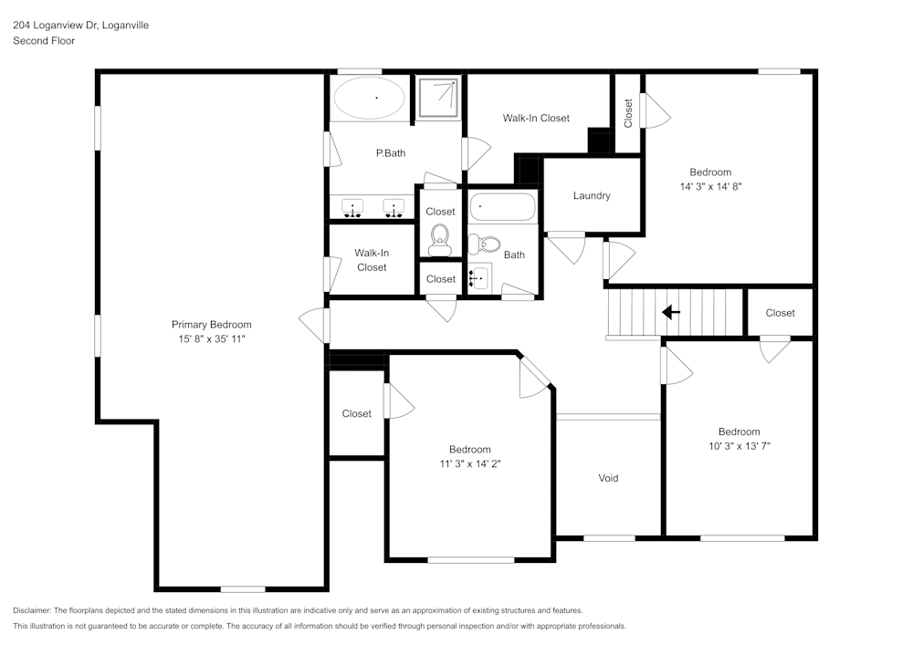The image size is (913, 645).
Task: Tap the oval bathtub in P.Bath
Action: [x=371, y=98]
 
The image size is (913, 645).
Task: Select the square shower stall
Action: [x=440, y=97]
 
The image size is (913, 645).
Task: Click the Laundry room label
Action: [x=592, y=196]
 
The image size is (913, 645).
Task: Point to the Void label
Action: [x=608, y=478]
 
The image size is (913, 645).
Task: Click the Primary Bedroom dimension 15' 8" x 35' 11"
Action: [x=212, y=338]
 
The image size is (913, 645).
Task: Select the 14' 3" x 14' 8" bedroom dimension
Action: [x=710, y=186]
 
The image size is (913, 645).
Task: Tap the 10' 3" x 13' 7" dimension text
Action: [x=739, y=446]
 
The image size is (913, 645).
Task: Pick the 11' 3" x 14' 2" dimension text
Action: [x=469, y=463]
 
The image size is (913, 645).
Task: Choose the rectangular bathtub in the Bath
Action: [x=502, y=207]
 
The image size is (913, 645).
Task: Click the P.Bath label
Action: [x=391, y=153]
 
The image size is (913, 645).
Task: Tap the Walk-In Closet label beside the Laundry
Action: [x=536, y=118]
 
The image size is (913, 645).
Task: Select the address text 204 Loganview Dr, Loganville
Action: [x=80, y=26]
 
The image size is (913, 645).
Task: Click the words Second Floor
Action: [x=44, y=41]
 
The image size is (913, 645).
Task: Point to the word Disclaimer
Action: [x=32, y=610]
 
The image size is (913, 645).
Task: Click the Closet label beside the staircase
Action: [x=780, y=313]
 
